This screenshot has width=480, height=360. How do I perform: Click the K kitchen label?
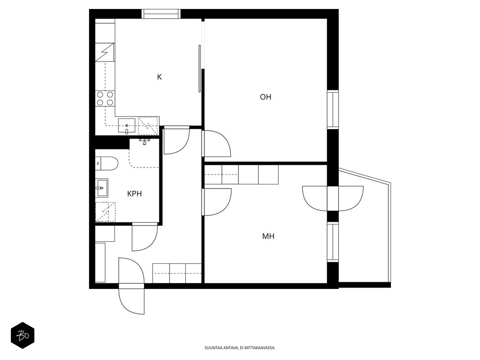[x=159, y=77]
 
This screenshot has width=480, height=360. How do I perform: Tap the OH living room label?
[x=266, y=97]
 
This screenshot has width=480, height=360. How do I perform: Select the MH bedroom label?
[x=268, y=236]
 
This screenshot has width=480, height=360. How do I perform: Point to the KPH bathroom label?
[x=135, y=194]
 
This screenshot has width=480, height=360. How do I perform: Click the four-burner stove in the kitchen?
[x=105, y=99]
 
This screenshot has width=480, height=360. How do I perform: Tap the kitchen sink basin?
[x=127, y=126]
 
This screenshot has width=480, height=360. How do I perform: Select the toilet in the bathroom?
[x=107, y=163]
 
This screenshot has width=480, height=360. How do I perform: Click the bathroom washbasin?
[x=102, y=188]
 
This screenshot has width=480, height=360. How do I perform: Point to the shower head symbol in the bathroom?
[x=144, y=142]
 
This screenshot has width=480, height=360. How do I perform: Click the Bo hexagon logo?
[x=22, y=336]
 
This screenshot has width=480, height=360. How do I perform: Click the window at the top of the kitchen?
[x=161, y=14]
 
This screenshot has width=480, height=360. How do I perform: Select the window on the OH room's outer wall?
[x=333, y=109]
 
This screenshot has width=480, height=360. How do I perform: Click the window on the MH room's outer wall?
[x=333, y=242]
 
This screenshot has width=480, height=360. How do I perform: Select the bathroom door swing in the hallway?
[x=145, y=238]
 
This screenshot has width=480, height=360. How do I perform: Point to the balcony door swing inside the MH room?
[x=315, y=198]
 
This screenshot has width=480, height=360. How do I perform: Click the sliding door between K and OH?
[x=200, y=68]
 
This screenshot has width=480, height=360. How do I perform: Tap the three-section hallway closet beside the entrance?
[x=177, y=273]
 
